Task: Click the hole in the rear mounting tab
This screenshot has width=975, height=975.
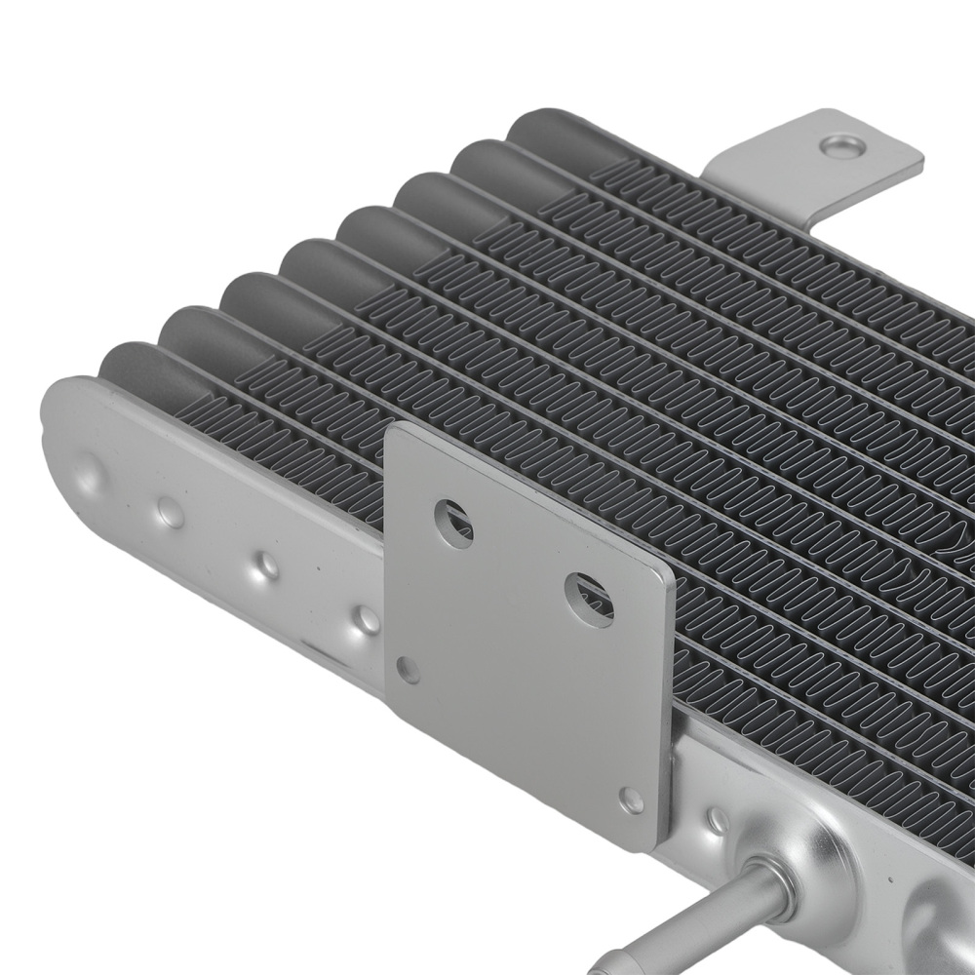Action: click(x=842, y=147)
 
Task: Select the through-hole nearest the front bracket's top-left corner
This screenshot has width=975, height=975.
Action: click(x=452, y=522)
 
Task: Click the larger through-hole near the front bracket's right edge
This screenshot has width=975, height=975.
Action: click(x=588, y=598)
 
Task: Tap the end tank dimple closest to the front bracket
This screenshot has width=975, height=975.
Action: click(x=367, y=618)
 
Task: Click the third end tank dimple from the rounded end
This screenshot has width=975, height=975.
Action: click(x=266, y=565)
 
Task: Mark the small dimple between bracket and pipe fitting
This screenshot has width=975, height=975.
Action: click(x=717, y=820)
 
